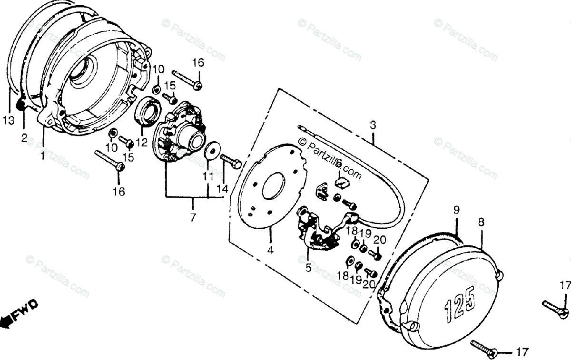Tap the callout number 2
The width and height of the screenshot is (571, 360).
[x=24, y=138]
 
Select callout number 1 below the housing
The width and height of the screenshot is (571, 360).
[x=43, y=155]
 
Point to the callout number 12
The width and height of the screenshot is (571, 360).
[x=139, y=142]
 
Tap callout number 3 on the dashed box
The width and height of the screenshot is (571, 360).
[x=373, y=126]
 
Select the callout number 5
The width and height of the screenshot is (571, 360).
[x=308, y=268]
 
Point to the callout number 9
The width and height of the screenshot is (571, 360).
[x=456, y=209]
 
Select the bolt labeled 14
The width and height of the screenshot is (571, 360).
[x=231, y=161]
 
